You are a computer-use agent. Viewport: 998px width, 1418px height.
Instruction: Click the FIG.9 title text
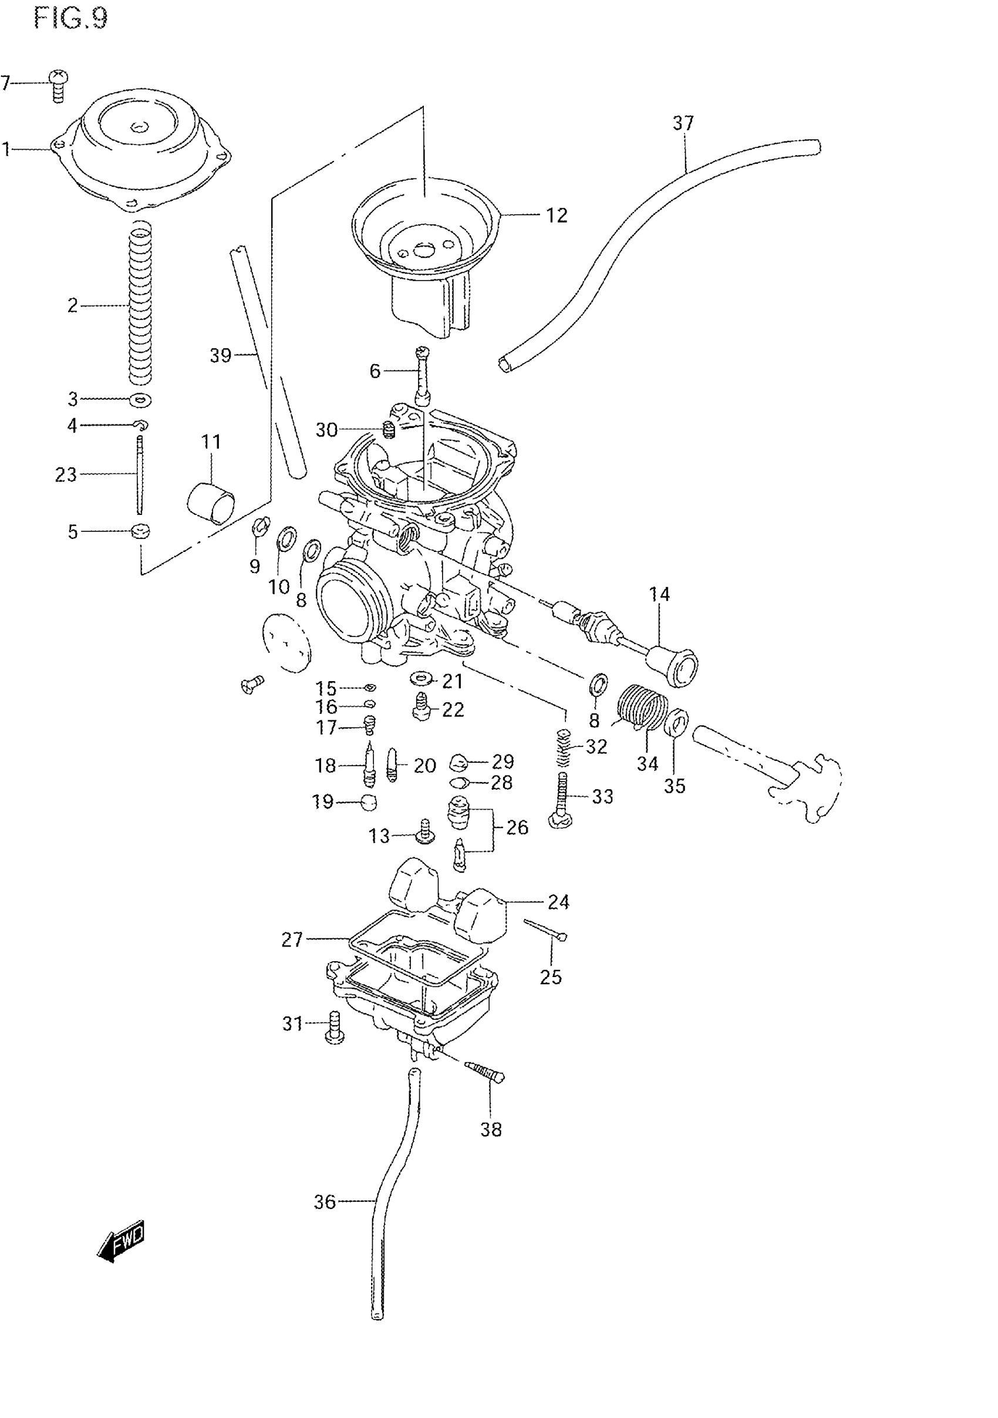[70, 18]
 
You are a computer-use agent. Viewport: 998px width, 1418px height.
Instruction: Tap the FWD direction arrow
[121, 1240]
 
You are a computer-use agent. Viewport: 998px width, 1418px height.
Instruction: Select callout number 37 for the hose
[683, 123]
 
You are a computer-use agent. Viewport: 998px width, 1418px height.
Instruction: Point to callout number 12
[556, 215]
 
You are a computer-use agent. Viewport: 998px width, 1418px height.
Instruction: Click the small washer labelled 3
[141, 400]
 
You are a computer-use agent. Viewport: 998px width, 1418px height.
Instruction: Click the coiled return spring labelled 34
[643, 706]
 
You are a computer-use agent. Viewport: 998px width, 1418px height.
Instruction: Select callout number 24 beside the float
[558, 902]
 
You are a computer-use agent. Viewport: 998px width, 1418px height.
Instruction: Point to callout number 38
[491, 1130]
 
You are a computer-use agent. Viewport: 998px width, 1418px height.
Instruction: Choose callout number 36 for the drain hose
[325, 1201]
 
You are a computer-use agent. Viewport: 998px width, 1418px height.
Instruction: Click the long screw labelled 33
[561, 799]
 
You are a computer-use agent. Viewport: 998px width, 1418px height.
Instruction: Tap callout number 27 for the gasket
[292, 939]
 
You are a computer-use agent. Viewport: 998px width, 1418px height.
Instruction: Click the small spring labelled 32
[562, 748]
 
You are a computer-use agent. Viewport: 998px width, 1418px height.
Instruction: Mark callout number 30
[326, 429]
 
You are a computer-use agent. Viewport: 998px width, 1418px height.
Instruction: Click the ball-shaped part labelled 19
[369, 802]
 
